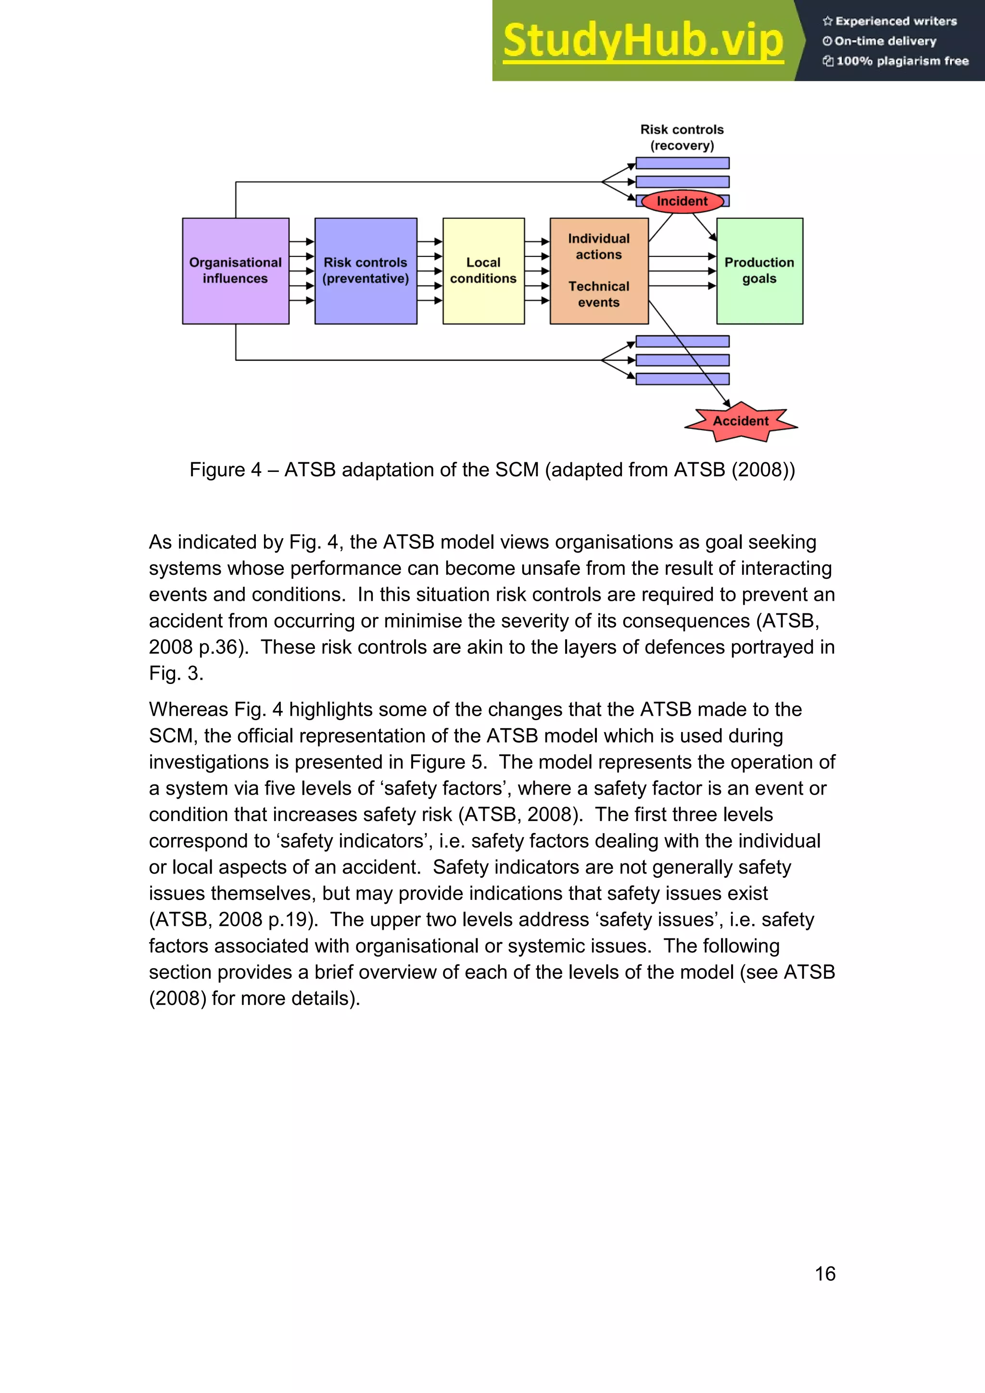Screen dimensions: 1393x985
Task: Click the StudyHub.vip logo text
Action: pos(643,41)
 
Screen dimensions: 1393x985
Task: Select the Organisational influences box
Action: pos(235,271)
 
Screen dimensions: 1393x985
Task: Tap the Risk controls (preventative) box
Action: pos(366,271)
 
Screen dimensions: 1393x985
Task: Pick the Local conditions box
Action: pos(483,271)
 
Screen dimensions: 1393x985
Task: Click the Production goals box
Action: pos(759,271)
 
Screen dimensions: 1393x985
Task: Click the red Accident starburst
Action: pos(741,421)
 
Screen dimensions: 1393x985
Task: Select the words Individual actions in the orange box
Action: pos(599,246)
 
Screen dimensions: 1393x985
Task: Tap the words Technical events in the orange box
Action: pos(599,294)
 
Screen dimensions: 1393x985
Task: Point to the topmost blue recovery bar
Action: pos(682,163)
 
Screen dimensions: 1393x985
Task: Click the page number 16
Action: pos(825,1274)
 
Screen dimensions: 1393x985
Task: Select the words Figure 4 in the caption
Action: pos(225,469)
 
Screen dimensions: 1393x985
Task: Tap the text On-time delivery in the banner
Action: pos(885,41)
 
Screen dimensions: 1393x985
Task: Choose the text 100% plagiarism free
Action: pos(902,61)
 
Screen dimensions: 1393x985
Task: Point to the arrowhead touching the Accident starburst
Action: pos(727,404)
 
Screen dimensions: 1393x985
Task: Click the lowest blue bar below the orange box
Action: pos(682,379)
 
